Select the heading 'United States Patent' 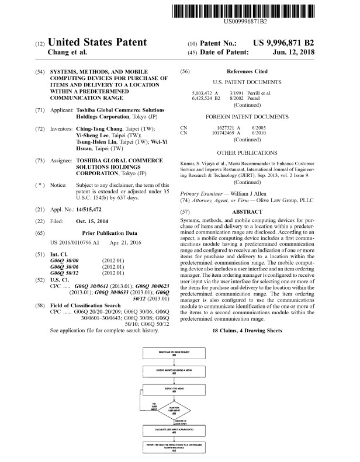96,43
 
